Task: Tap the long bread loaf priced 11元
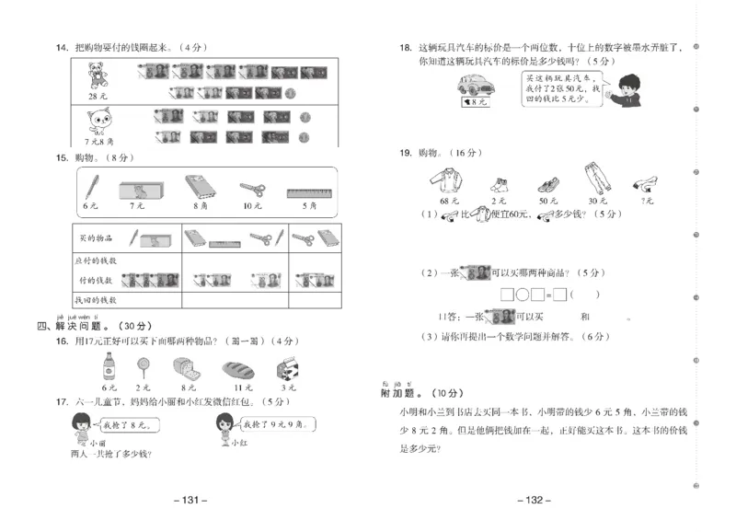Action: click(x=237, y=369)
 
